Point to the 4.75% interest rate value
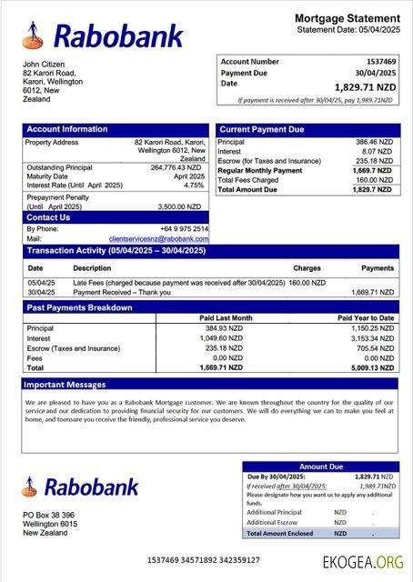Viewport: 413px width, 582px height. point(193,185)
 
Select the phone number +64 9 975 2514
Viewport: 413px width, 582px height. point(185,228)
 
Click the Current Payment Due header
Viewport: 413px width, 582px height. point(262,130)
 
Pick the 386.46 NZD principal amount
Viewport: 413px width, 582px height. point(374,143)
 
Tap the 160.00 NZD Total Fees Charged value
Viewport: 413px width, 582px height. point(375,179)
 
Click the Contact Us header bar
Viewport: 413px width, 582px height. point(48,217)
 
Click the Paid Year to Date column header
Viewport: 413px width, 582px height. point(366,317)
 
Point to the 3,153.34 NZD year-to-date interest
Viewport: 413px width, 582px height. point(372,337)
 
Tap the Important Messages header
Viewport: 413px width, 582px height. point(65,385)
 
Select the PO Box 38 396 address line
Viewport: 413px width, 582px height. point(49,516)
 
